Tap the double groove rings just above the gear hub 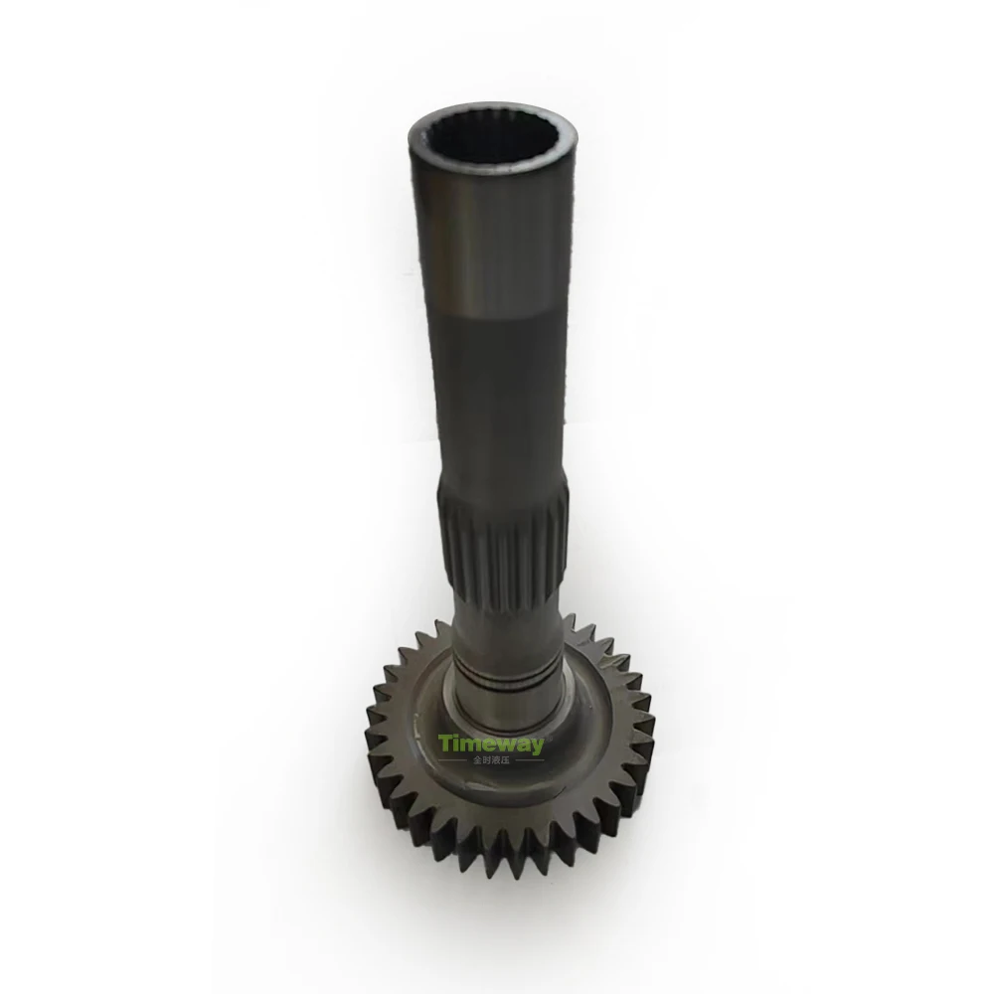507,676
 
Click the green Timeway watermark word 491,744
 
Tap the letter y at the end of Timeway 537,745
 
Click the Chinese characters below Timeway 491,760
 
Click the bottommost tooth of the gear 497,875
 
